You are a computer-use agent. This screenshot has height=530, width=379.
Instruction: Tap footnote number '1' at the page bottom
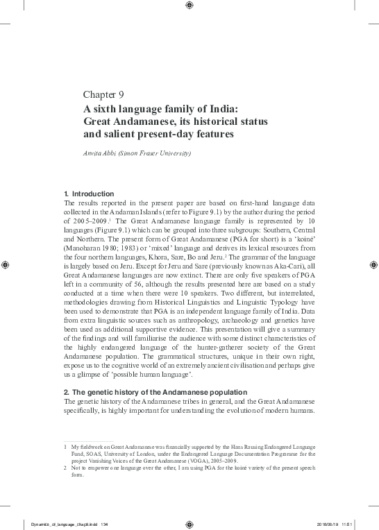coord(65,449)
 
